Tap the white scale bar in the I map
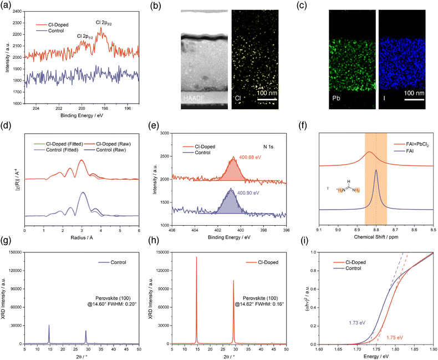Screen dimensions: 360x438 (x=411, y=100)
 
